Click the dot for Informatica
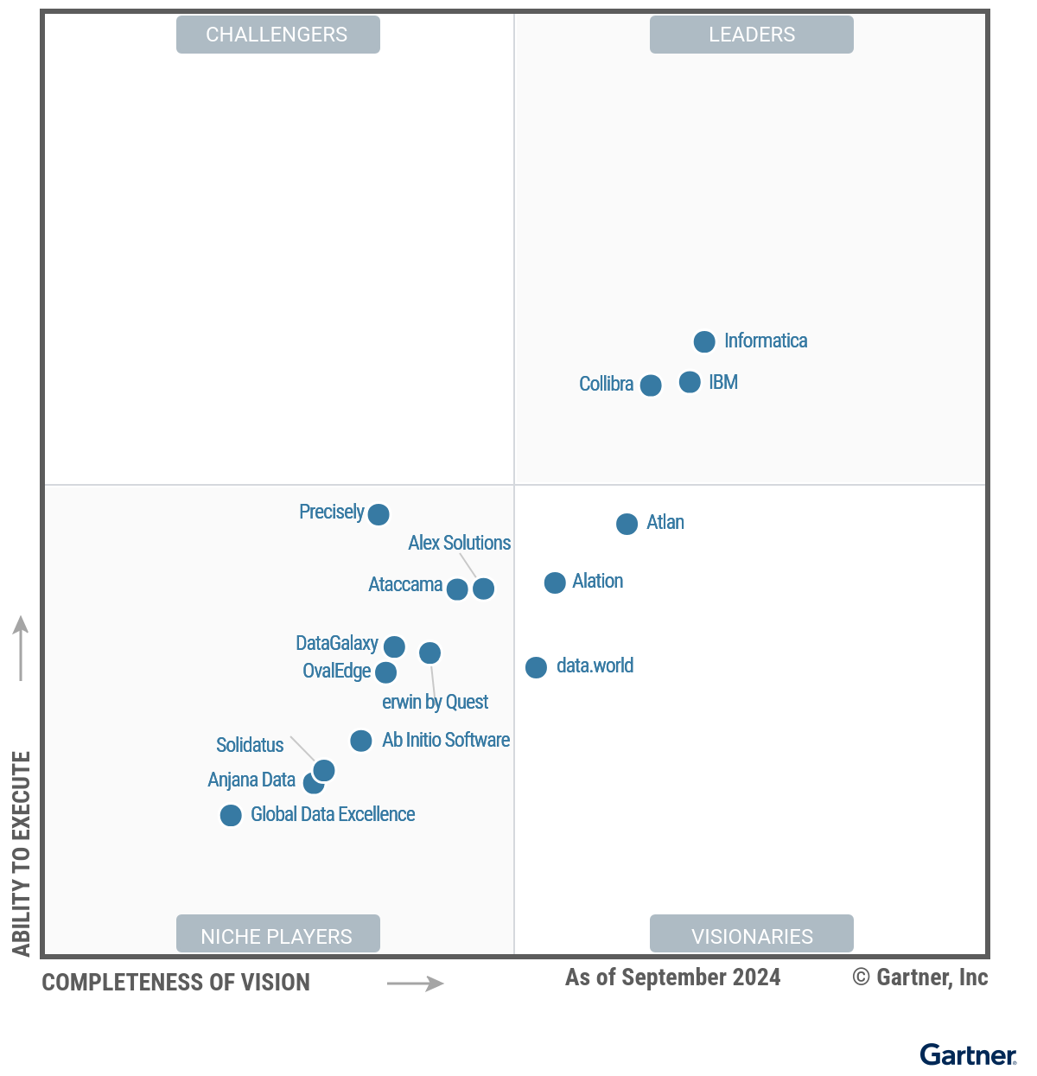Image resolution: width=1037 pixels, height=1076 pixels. tap(704, 341)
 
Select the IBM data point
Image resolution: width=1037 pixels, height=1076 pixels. tap(690, 382)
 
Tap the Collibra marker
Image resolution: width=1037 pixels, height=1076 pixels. tap(651, 385)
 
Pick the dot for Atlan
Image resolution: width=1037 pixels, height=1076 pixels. tap(627, 524)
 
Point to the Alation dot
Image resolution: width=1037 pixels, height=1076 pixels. tap(555, 583)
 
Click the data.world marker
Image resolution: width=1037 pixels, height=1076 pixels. tap(536, 667)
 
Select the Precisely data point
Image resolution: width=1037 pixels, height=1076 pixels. tap(379, 514)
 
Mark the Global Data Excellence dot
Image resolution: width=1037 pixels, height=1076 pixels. tap(231, 815)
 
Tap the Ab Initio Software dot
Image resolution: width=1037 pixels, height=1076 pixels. tap(361, 741)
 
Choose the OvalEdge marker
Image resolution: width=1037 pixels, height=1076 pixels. tap(386, 672)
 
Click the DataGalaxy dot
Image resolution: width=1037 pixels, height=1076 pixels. tap(394, 646)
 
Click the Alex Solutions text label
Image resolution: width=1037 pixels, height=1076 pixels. tap(459, 543)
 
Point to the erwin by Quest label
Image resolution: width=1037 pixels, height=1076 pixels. tap(435, 702)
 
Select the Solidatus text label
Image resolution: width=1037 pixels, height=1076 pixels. tap(250, 745)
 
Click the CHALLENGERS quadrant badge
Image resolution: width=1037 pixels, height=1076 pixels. tap(277, 35)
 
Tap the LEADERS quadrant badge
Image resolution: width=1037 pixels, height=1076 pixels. tap(751, 35)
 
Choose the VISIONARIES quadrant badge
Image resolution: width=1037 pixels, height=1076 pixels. tap(751, 935)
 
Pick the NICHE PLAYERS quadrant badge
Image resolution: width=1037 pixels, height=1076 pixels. tap(277, 935)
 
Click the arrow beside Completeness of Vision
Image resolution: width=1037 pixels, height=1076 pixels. tap(415, 983)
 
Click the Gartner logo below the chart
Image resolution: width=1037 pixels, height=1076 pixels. tap(967, 1054)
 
